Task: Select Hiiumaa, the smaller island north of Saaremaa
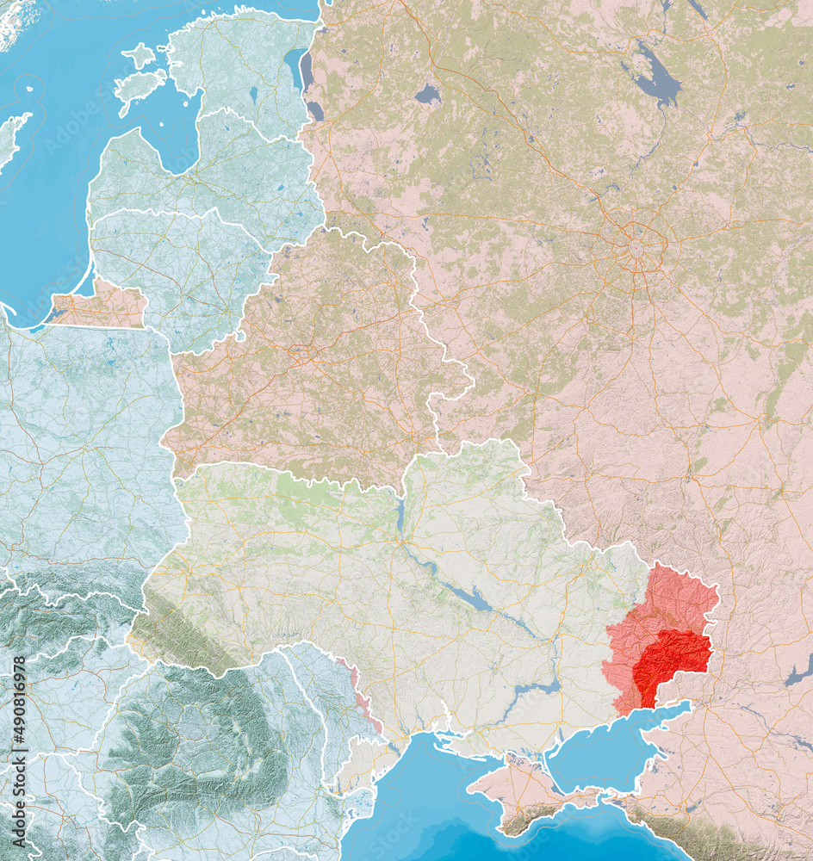click(139, 56)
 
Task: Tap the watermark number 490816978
click(19, 715)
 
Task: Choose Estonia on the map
click(233, 60)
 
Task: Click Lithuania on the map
click(181, 267)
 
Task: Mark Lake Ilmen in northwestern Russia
click(428, 94)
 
